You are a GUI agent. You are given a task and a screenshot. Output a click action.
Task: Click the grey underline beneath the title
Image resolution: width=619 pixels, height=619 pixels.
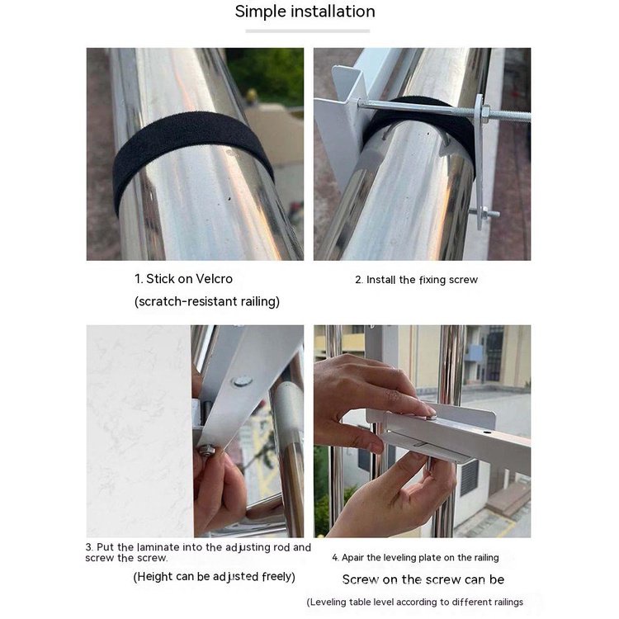308,31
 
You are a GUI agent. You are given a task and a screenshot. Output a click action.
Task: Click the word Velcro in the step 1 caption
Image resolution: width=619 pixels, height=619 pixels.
214,279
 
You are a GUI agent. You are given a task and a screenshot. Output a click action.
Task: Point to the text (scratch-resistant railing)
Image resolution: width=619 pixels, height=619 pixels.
207,301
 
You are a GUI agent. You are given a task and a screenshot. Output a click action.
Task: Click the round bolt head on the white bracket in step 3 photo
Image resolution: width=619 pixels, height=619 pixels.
242,381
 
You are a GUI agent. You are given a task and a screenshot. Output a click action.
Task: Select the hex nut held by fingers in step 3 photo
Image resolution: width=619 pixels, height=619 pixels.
206,451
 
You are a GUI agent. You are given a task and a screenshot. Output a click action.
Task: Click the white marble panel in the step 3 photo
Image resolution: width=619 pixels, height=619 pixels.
139,431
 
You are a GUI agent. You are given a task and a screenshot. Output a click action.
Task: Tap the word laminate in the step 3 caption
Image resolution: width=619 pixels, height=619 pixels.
158,547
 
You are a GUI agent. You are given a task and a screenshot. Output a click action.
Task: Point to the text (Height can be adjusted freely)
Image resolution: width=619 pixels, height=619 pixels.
214,577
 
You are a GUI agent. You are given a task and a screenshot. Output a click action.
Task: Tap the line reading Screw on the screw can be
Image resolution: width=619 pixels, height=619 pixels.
423,579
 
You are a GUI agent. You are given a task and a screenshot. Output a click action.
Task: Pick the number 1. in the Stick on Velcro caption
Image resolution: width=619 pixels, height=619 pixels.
139,279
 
